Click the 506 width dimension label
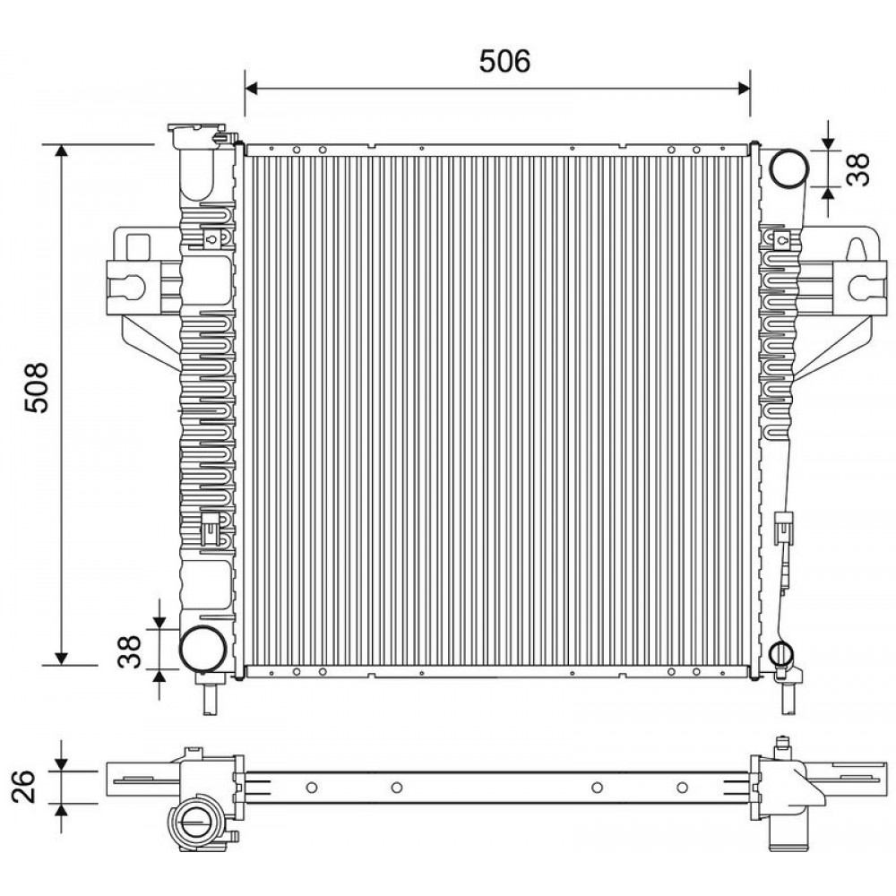tap(504, 61)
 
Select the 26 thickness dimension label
tap(24, 787)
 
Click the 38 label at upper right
tap(857, 169)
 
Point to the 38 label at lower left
tap(129, 651)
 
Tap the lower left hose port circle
tap(202, 648)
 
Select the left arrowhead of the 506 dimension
tap(252, 88)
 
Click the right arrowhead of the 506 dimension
tap(744, 88)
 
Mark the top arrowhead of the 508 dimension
tap(61, 151)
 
